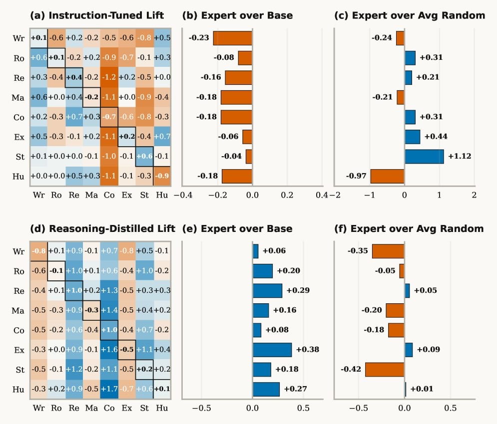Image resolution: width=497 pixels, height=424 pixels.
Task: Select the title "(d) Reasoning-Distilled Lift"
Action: tap(102, 229)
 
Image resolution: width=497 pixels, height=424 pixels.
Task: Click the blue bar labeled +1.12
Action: tap(424, 156)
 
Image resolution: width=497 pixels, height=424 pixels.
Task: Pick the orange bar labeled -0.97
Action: tap(387, 176)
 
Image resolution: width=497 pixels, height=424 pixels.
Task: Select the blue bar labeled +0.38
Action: tap(272, 350)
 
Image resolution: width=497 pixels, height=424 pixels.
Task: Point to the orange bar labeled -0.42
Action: tap(385, 370)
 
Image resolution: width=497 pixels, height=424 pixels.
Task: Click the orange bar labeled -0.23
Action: tap(233, 38)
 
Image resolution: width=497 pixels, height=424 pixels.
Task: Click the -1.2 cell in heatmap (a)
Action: tap(109, 77)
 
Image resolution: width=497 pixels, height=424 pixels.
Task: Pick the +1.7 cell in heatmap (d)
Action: tap(109, 389)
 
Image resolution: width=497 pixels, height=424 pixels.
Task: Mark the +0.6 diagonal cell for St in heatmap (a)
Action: tap(144, 156)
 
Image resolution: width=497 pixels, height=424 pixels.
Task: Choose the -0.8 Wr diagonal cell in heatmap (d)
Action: tap(38, 251)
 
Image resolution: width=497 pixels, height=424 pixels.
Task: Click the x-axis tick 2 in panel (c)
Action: tap(474, 195)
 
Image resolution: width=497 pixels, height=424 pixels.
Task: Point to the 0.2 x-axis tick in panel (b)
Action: tap(287, 195)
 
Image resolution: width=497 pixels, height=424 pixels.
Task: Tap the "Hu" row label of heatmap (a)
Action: tap(19, 176)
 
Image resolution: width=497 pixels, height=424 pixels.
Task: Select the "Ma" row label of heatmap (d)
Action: tap(18, 310)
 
